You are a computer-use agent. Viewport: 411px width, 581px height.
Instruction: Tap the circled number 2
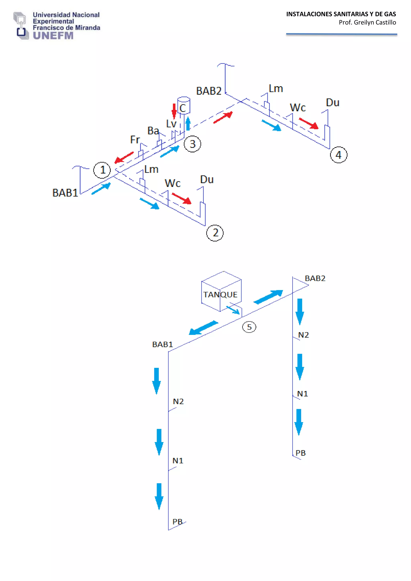click(215, 233)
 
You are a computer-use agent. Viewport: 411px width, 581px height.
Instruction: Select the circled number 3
click(192, 144)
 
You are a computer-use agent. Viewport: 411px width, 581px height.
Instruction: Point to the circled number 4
click(339, 155)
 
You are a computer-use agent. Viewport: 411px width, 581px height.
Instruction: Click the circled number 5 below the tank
click(249, 327)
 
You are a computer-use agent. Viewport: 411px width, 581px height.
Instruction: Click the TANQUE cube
click(221, 291)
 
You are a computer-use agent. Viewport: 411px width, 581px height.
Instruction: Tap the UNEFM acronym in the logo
click(53, 36)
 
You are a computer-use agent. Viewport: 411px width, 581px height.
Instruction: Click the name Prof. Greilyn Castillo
click(367, 22)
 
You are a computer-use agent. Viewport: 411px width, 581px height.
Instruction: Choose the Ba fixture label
click(153, 131)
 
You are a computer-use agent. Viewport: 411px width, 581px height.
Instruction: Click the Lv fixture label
click(171, 124)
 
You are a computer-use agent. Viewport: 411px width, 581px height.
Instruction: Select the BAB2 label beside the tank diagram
click(315, 278)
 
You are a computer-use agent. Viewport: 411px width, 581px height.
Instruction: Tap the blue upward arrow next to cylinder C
click(188, 124)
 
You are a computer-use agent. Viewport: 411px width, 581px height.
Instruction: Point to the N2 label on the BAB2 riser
click(303, 335)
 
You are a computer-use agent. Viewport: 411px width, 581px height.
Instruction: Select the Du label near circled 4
click(333, 102)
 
